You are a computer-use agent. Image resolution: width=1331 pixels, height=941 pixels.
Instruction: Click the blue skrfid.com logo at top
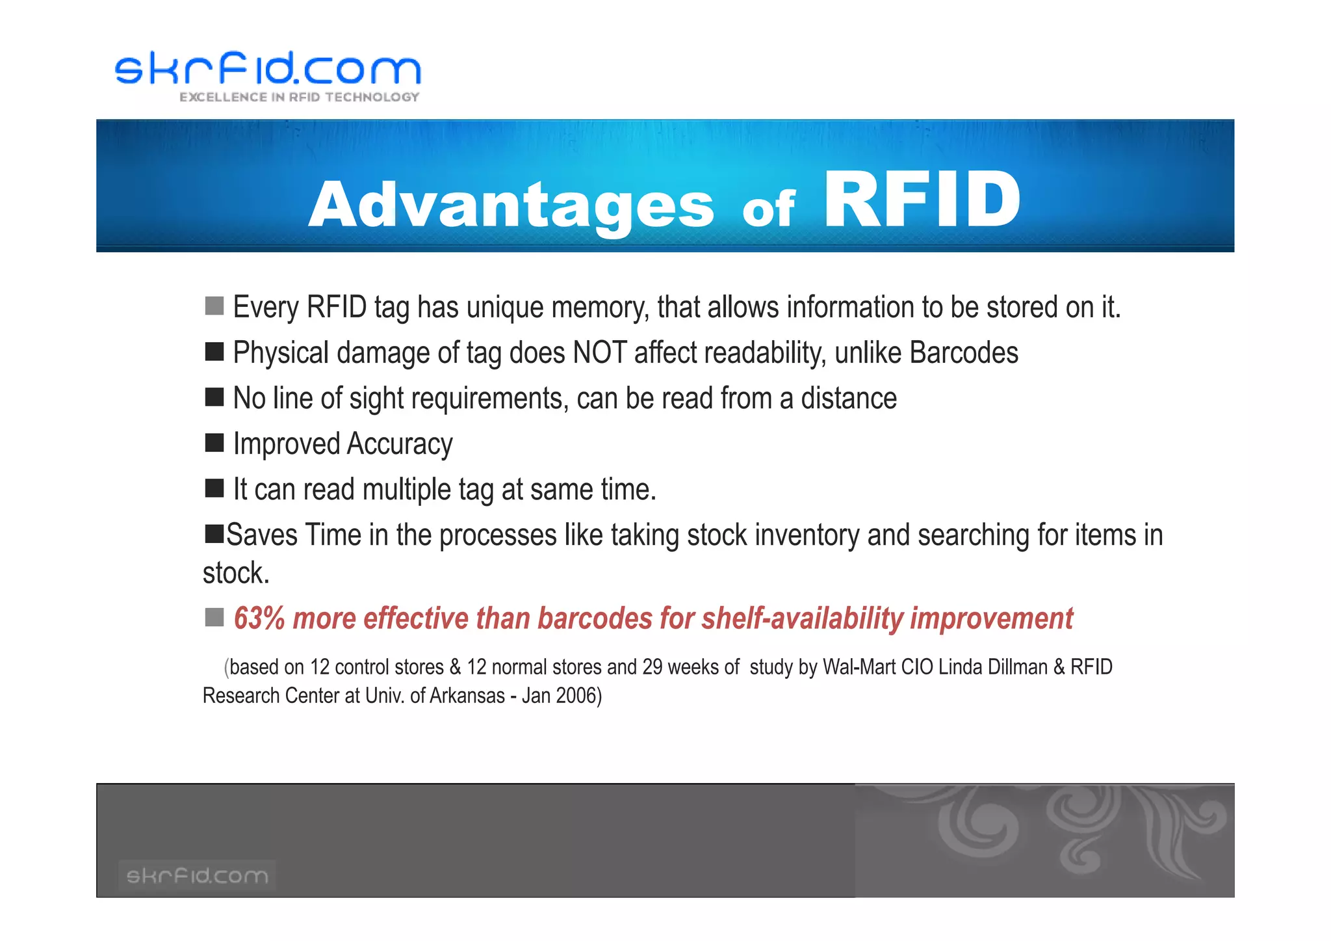coord(268,68)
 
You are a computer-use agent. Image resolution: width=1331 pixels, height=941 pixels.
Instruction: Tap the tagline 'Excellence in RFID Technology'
coord(299,97)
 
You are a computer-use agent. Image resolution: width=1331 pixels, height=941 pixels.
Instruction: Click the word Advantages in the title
coord(511,204)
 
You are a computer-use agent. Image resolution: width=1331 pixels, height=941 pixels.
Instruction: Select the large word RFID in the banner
coord(922,200)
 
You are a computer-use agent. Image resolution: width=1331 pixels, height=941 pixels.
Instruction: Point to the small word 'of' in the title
coord(768,209)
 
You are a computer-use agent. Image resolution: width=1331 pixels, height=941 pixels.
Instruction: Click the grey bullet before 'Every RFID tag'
coord(214,306)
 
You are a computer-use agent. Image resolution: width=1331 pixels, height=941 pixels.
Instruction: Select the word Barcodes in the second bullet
coord(963,353)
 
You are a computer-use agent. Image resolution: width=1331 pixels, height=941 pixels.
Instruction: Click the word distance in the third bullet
coord(848,398)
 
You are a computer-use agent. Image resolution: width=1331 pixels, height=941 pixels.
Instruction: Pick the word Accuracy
coord(399,444)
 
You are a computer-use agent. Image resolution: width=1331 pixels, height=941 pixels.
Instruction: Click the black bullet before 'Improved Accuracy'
coord(214,443)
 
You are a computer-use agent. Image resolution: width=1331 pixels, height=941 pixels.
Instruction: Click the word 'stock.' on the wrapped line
coord(236,574)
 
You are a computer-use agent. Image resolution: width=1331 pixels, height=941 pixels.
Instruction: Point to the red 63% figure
coord(259,618)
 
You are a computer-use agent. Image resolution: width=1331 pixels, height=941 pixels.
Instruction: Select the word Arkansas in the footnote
coord(467,696)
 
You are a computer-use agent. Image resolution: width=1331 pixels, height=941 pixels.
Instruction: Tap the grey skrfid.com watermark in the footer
coord(197,875)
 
